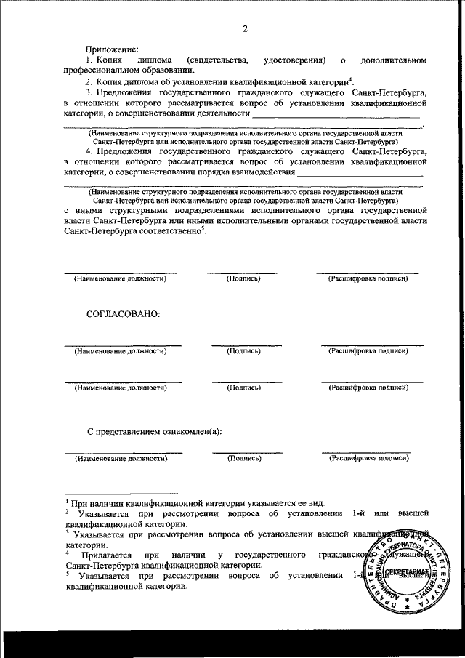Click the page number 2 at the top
point(245,29)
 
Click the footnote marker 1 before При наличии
point(66,501)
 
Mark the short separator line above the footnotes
point(110,492)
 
